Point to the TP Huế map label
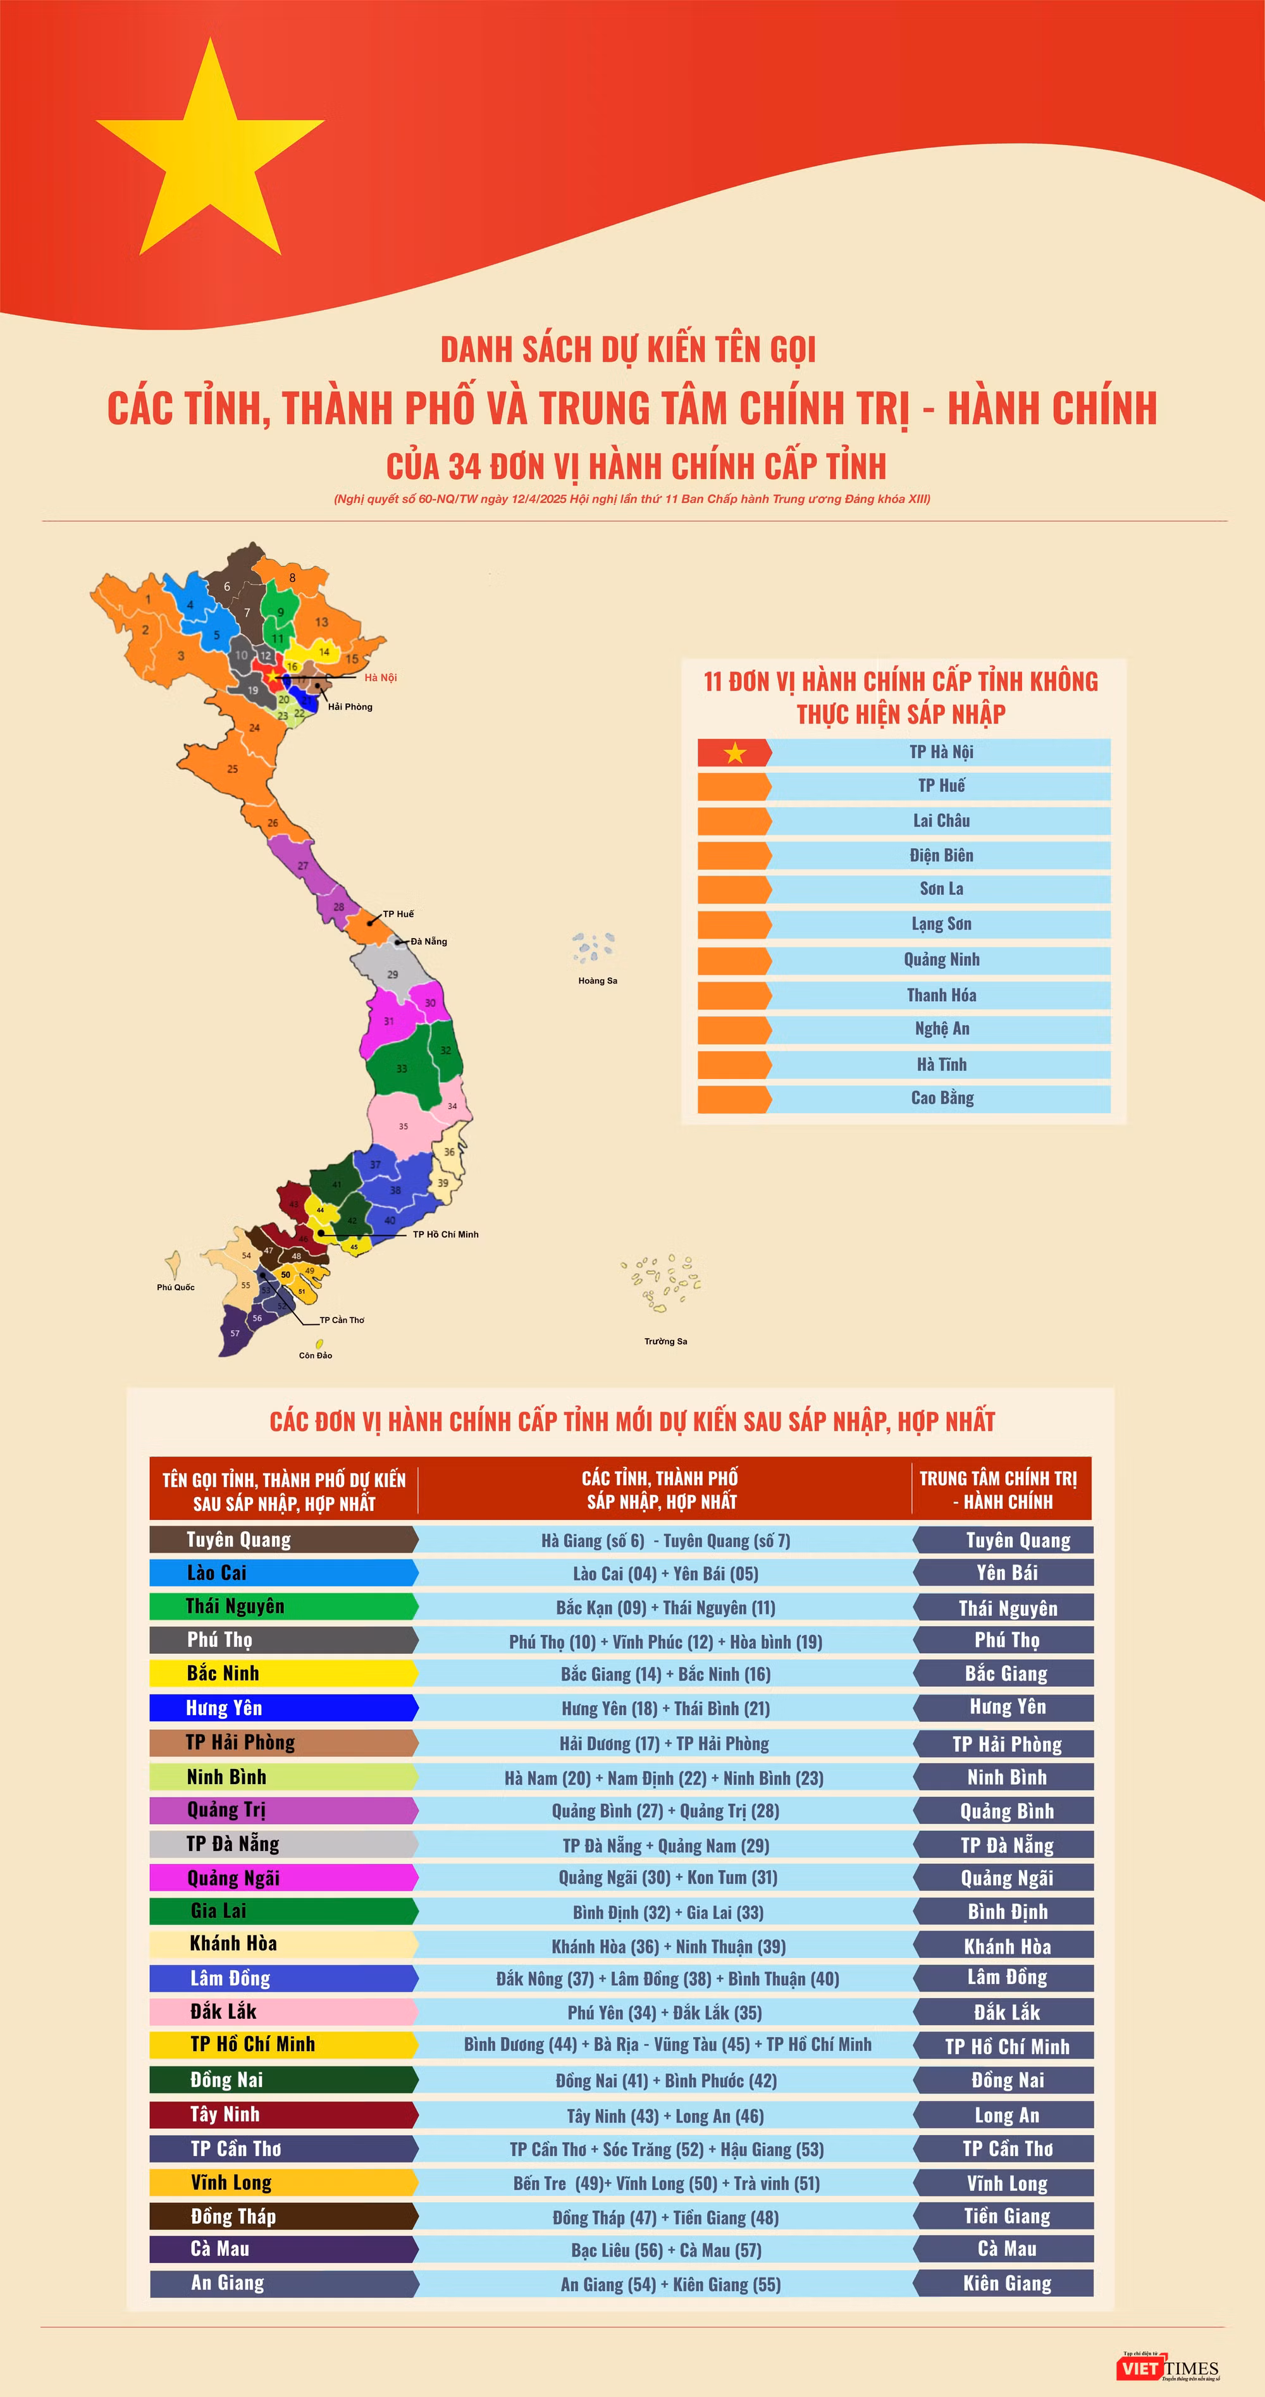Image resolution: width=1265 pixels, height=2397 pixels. (398, 914)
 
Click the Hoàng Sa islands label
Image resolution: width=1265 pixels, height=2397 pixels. (598, 981)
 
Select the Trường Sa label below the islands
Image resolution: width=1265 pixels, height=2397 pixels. (665, 1341)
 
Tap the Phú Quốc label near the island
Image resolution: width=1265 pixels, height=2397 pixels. (175, 1287)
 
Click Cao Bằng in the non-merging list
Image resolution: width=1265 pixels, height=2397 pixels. (941, 1098)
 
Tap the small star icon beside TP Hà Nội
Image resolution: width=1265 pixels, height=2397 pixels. (736, 753)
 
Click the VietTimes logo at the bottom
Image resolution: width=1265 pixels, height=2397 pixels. (1169, 2368)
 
